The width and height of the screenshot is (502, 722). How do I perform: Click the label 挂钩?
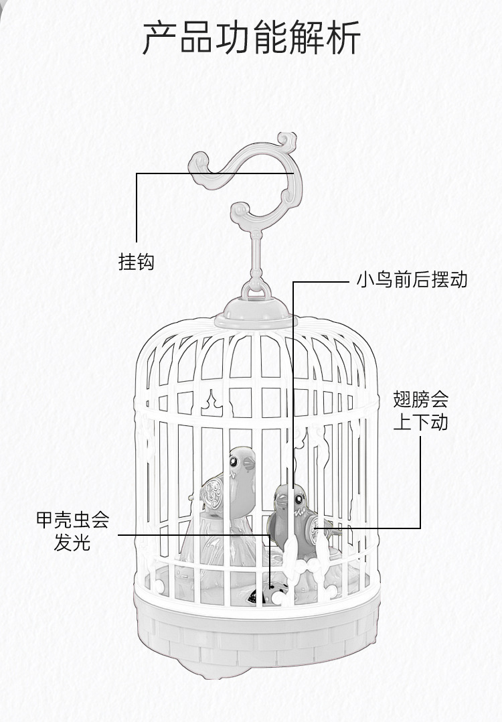(137, 262)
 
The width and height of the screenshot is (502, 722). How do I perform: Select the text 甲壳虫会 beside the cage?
(72, 520)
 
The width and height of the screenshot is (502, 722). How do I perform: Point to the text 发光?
(72, 543)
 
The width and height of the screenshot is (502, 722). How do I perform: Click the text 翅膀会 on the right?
(420, 401)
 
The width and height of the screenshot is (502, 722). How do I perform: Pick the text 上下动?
(420, 423)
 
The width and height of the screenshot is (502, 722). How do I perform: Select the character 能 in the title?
(270, 38)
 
